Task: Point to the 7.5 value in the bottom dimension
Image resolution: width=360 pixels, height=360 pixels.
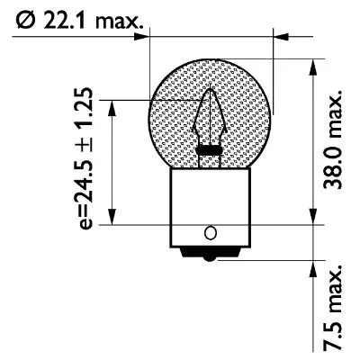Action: [333, 335]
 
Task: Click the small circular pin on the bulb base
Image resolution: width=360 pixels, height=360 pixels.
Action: [211, 232]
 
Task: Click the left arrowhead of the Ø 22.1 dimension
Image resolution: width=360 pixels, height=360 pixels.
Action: [141, 37]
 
